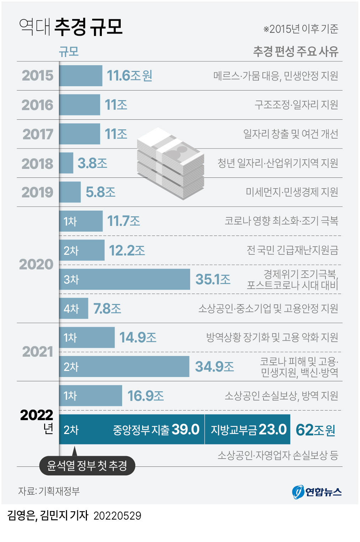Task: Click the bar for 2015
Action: pos(81,76)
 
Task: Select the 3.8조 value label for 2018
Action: pos(92,163)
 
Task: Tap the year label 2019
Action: pos(37,192)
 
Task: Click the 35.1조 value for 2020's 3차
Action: pos(213,279)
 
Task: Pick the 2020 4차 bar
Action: pos(74,309)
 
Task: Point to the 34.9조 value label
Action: pos(214,367)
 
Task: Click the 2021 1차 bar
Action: pos(87,337)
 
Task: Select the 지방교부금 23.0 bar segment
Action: pos(248,430)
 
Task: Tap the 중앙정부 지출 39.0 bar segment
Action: pos(132,430)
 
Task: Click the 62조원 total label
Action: pos(315,430)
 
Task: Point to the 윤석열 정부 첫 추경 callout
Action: pos(87,465)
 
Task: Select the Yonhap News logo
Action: pos(317,492)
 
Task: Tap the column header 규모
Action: pos(69,52)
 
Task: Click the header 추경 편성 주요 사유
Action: pos(295,52)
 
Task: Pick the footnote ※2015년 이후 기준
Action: pos(301,29)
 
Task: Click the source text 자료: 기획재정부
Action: pos(49,491)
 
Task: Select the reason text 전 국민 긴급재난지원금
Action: pos(292,250)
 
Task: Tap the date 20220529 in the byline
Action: pos(117,516)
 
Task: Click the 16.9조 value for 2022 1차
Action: pos(145,396)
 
